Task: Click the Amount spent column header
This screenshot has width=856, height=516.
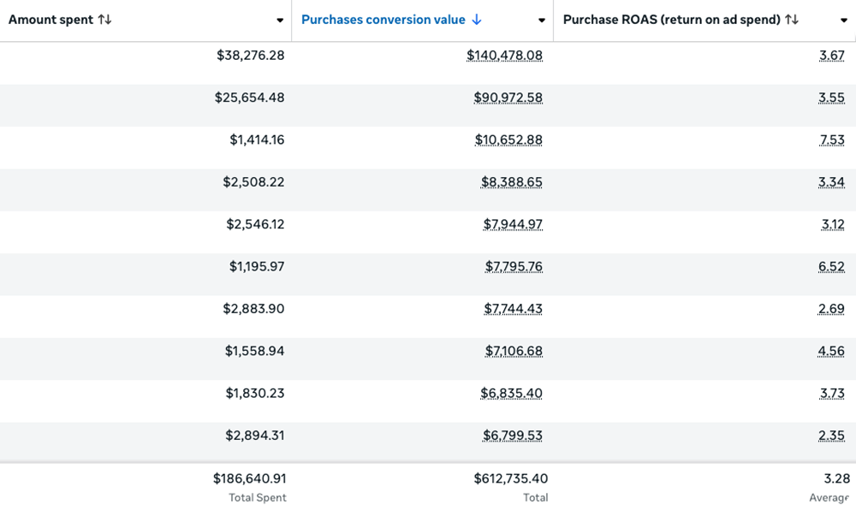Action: [x=51, y=19]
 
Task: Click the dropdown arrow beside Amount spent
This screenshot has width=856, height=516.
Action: [x=280, y=21]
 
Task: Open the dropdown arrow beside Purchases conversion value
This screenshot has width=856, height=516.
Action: [x=541, y=21]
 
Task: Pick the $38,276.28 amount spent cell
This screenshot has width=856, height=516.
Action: [x=250, y=55]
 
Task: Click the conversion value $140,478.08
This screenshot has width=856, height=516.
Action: [x=504, y=55]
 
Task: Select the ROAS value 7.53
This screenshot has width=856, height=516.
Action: [x=831, y=139]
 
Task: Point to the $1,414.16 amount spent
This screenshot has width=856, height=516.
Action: [x=257, y=139]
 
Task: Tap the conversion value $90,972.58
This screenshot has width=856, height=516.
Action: [x=508, y=98]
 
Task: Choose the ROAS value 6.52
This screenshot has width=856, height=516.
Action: [x=831, y=266]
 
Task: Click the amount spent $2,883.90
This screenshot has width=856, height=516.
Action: [x=255, y=308]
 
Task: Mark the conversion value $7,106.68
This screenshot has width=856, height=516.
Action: [x=512, y=351]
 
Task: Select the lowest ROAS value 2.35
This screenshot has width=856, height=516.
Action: [x=831, y=436]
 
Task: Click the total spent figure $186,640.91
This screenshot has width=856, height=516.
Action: [x=249, y=478]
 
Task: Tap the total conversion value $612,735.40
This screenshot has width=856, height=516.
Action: [x=510, y=478]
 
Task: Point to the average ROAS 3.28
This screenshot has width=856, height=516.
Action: [x=835, y=478]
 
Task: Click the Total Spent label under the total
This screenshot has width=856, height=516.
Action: [x=257, y=497]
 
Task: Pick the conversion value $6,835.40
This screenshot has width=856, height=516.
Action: [x=511, y=393]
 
